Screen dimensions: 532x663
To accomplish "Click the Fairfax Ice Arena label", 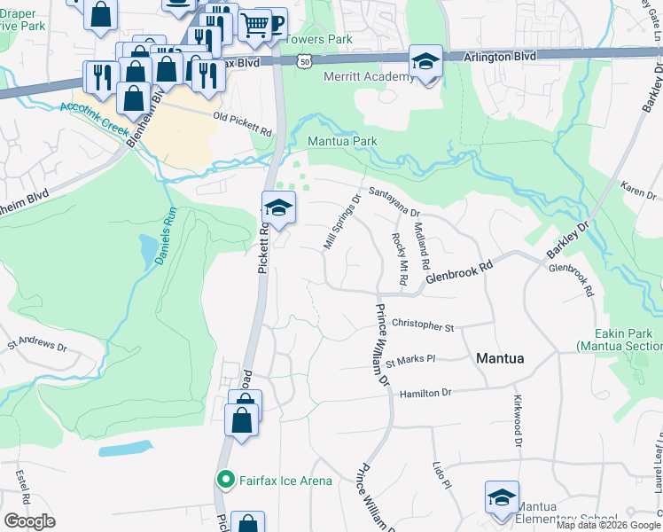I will pos(285,481).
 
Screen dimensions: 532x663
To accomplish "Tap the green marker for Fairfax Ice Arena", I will pos(226,481).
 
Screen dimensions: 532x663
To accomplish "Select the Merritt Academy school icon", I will pos(426,63).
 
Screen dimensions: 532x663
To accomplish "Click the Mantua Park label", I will pos(341,141).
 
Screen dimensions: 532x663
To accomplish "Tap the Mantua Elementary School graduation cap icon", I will pos(502,497).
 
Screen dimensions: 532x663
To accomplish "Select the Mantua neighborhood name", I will pos(500,358).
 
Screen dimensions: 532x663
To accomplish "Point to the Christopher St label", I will pos(422,325).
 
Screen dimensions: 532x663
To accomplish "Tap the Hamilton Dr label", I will pos(425,393).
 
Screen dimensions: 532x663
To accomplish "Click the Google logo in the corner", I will pos(29,521).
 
